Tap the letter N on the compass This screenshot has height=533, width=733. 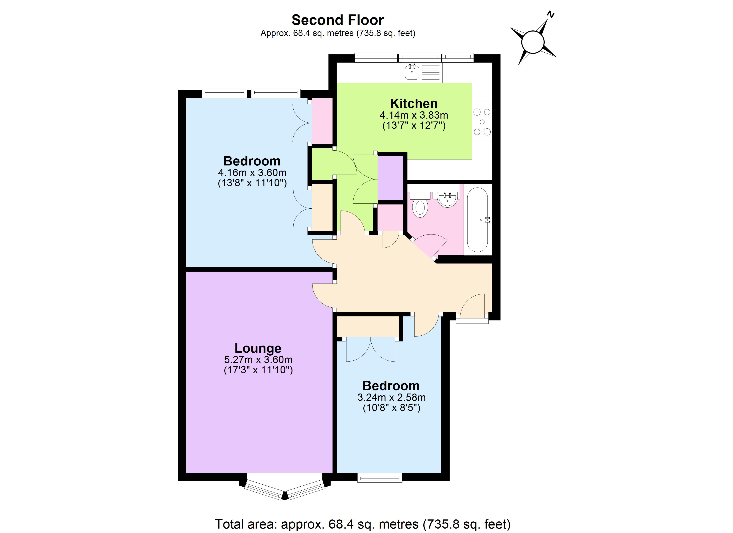[x=550, y=14]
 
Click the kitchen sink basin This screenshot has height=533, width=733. [x=412, y=72]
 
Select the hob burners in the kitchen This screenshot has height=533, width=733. [x=482, y=122]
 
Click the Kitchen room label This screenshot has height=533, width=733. [x=414, y=103]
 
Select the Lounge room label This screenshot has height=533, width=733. [x=258, y=348]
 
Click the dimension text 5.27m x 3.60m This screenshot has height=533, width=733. [x=258, y=359]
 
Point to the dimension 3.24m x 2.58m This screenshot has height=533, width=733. [x=391, y=397]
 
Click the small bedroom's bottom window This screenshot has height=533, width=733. [x=380, y=477]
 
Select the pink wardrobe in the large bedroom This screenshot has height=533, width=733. [x=322, y=121]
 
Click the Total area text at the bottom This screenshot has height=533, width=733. [x=363, y=524]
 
